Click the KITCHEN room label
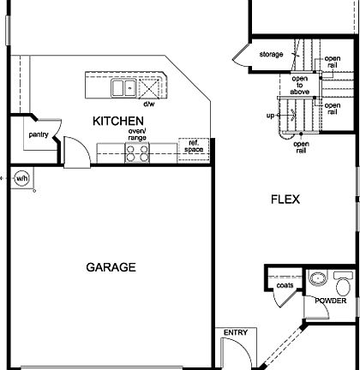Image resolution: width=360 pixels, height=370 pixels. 118,121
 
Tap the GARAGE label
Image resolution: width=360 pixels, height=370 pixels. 111,267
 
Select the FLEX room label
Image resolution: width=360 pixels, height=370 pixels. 285,200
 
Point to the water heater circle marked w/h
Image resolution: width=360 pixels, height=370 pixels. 21,179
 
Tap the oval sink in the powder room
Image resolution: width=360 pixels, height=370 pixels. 318,278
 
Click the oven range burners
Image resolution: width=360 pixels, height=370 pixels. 137,153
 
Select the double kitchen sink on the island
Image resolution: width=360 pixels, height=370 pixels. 123,88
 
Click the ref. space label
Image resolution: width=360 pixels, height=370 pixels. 194,146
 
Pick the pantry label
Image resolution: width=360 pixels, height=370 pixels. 39,134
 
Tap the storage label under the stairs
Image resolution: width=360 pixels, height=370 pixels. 271,54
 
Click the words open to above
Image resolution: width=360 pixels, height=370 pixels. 300,85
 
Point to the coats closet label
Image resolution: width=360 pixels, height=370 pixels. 285,285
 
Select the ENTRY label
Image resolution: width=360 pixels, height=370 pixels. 236,332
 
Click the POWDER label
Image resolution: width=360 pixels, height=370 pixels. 331,301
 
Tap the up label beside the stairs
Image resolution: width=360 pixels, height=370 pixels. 270,116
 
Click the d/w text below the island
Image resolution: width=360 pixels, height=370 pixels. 149,104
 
